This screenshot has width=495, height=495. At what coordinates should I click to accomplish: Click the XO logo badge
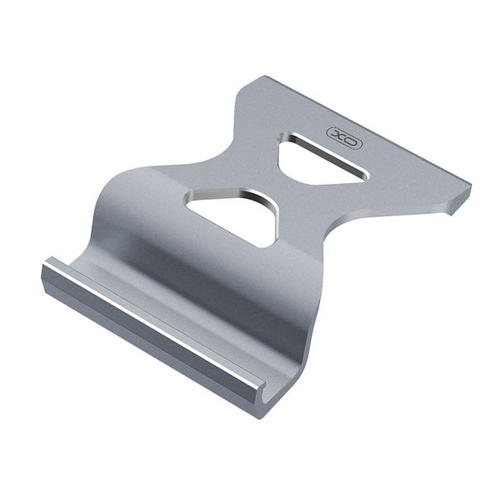pos(344,138)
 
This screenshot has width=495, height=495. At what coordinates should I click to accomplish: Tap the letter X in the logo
pos(337,134)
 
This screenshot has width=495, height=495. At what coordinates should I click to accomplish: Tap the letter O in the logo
pos(351,141)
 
